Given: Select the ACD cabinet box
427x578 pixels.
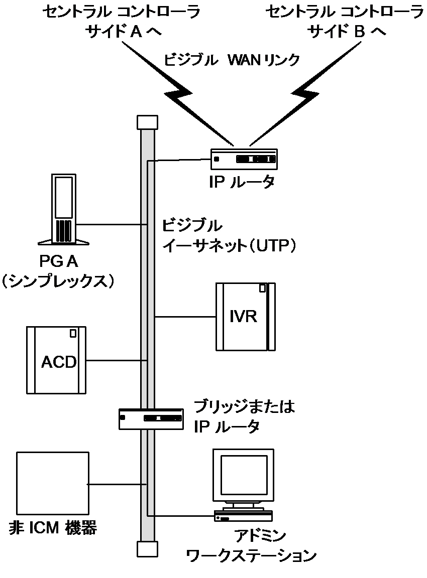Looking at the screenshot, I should click(x=56, y=360).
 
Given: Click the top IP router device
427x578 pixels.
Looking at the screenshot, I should click(x=244, y=159).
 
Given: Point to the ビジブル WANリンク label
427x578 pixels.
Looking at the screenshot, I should click(x=232, y=61).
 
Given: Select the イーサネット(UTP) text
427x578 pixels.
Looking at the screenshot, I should click(x=227, y=245).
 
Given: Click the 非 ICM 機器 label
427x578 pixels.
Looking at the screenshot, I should click(x=53, y=529).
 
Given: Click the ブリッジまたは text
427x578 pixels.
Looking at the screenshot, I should click(x=244, y=407).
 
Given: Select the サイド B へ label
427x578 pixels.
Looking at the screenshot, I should click(x=347, y=33).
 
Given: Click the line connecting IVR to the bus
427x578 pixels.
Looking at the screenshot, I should click(x=185, y=317).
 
